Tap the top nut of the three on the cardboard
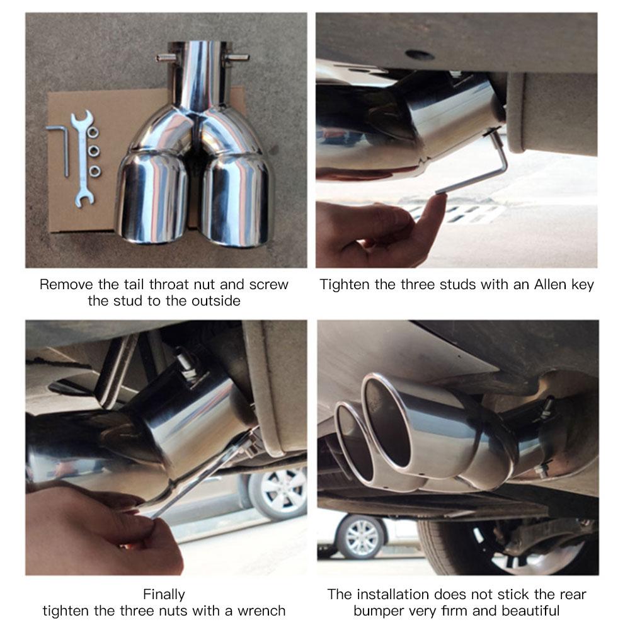click(93, 133)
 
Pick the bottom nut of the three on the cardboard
click(94, 171)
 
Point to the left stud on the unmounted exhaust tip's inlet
click(165, 58)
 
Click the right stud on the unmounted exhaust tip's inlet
click(238, 58)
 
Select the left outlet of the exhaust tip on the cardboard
click(151, 198)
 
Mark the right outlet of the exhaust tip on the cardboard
click(236, 202)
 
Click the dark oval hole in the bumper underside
click(420, 55)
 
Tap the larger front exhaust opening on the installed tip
click(387, 422)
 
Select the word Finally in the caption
click(164, 594)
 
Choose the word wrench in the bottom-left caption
click(262, 610)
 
